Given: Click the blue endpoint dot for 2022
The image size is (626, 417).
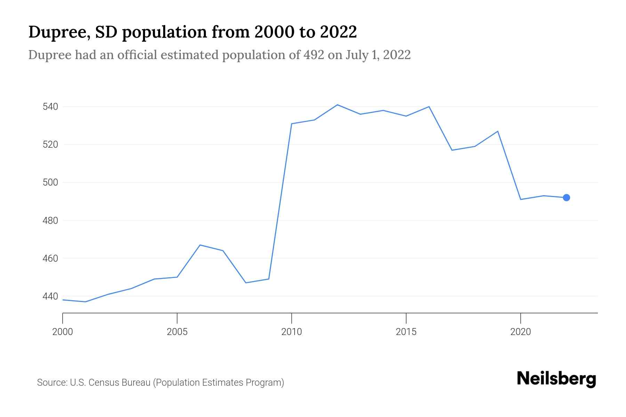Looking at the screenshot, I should [x=566, y=198].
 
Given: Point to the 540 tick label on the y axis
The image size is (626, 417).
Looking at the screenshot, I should [x=50, y=107].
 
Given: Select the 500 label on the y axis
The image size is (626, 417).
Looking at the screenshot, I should [x=50, y=182].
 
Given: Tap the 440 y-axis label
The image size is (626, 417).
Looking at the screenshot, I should [x=50, y=296].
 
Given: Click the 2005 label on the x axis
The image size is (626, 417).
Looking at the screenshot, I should [x=177, y=332].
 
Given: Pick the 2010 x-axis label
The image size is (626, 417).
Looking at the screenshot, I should [x=291, y=332].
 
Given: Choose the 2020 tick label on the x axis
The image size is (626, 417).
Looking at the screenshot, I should [x=520, y=332].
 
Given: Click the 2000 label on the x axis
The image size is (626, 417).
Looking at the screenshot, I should [x=63, y=332].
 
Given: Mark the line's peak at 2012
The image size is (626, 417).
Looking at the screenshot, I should [x=337, y=105].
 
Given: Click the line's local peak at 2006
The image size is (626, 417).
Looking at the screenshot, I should [x=200, y=245].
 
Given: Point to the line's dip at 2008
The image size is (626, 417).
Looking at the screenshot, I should [x=246, y=283].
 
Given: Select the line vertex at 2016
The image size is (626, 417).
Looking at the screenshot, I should [x=429, y=107].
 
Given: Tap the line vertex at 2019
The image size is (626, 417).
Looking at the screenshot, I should [x=498, y=131].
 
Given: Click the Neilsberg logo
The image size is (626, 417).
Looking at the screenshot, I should [x=556, y=379].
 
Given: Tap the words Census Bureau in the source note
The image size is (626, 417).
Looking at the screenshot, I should [x=119, y=383].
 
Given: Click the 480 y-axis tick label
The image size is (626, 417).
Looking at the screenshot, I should [x=50, y=221].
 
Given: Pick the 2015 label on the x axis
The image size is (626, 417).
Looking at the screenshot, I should [x=406, y=332].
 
